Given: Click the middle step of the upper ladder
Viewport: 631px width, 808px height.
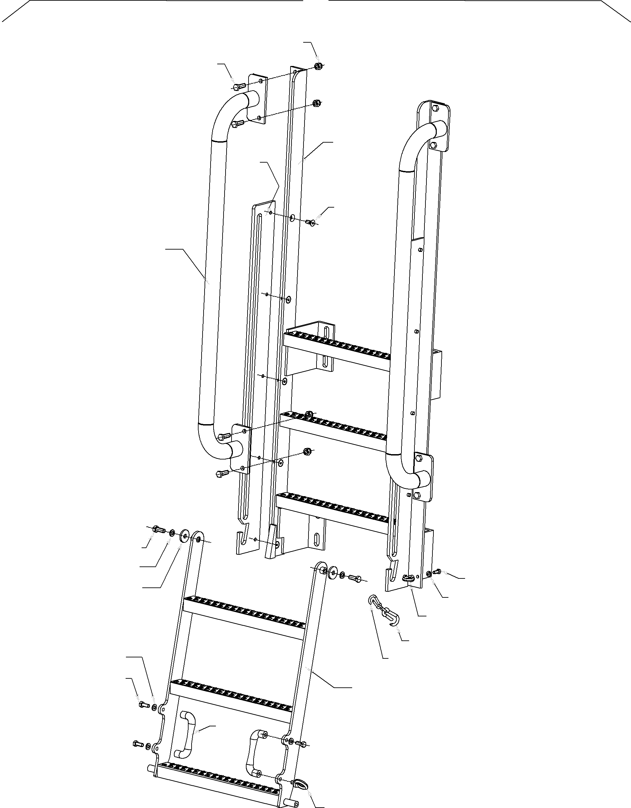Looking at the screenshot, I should pyautogui.click(x=333, y=429).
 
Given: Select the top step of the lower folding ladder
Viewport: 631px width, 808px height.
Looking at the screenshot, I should pyautogui.click(x=244, y=614).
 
